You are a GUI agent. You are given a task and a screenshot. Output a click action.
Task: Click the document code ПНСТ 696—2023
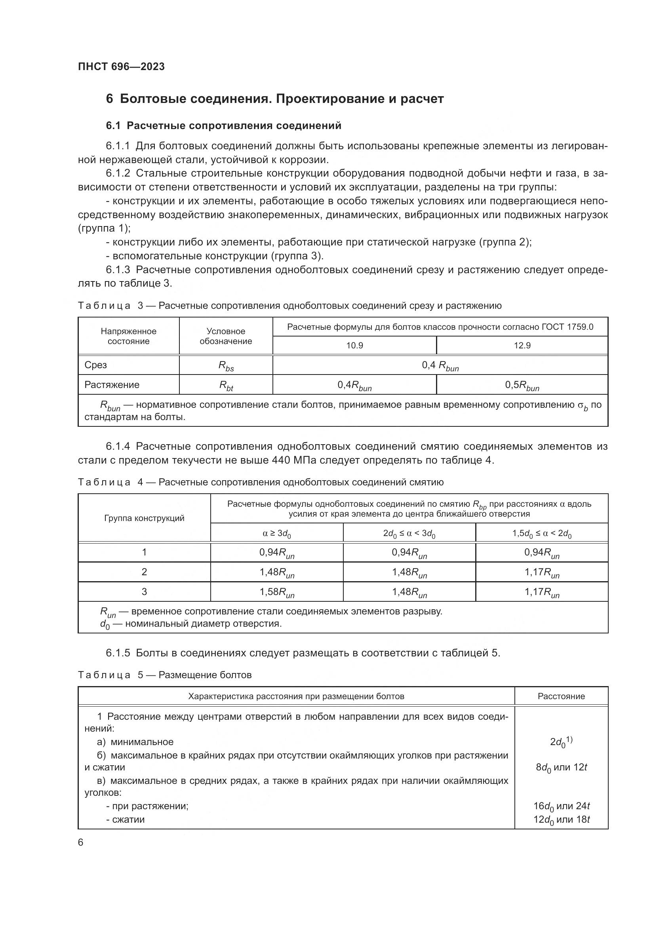[x=122, y=67]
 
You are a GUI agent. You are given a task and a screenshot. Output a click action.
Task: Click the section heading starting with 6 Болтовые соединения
[x=275, y=99]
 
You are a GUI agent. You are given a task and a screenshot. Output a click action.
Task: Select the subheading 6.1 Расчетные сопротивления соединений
[x=223, y=126]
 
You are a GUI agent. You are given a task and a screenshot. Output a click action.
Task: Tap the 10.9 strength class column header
[x=354, y=345]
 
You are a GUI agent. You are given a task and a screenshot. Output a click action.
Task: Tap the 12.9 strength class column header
[x=522, y=345]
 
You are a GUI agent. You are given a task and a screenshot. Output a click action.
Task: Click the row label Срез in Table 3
[x=95, y=365]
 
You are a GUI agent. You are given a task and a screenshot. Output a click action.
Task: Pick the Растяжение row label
[x=112, y=385]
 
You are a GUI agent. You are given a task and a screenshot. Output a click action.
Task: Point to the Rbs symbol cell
[x=226, y=366]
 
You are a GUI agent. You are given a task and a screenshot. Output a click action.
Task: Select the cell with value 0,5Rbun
[x=522, y=386]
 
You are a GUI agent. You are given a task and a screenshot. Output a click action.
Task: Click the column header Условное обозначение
[x=226, y=336]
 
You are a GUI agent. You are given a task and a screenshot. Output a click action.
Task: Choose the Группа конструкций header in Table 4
[x=144, y=518]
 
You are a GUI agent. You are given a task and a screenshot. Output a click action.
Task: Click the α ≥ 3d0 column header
[x=277, y=534]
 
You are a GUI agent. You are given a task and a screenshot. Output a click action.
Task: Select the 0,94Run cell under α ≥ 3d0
[x=277, y=553]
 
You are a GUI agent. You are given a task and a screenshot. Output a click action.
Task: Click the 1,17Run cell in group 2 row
[x=542, y=573]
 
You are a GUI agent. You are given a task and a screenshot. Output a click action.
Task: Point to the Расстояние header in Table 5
[x=561, y=696]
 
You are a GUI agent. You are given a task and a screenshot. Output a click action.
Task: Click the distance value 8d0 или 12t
[x=561, y=767]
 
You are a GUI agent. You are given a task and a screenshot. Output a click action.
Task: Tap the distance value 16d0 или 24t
[x=561, y=806]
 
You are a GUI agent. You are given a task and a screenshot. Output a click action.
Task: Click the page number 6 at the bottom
[x=81, y=842]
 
